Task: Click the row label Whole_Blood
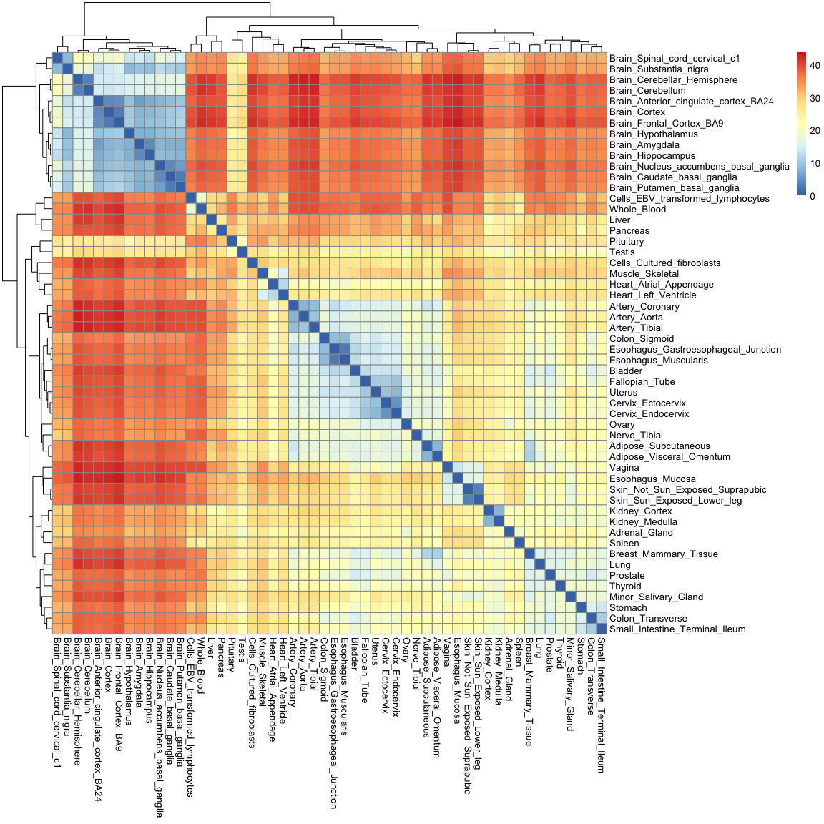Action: (637, 210)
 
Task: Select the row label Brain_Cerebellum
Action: (647, 91)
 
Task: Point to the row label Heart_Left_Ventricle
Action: (652, 295)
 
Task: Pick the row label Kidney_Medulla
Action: (643, 522)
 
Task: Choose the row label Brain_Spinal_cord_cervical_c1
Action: (675, 59)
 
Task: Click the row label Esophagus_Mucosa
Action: (652, 479)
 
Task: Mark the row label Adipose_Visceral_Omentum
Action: (669, 457)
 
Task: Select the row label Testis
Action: (622, 252)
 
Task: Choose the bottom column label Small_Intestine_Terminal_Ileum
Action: (601, 705)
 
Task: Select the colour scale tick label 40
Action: (815, 66)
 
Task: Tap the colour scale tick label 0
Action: (813, 196)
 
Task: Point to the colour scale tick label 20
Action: (815, 131)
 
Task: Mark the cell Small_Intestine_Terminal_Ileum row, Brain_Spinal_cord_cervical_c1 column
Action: (58, 629)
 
